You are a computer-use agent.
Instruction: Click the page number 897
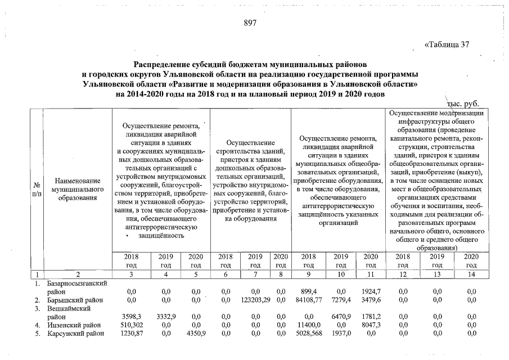click(x=250, y=23)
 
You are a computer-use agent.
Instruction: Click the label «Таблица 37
click(x=447, y=45)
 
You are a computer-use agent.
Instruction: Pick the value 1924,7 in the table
click(x=370, y=291)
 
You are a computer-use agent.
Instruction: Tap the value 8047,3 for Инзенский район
click(x=370, y=325)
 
